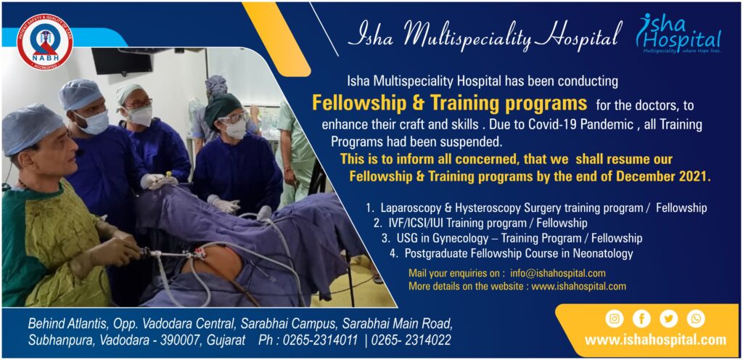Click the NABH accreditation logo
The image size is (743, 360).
coord(44,42)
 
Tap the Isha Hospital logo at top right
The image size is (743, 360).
coord(679,33)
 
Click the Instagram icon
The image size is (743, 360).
coord(614,319)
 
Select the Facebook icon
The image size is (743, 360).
coord(641,319)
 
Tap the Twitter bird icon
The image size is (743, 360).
coord(668,319)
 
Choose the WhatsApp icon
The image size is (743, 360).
coord(695,319)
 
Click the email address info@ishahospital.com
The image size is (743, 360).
coord(557,274)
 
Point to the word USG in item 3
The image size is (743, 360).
coord(403,238)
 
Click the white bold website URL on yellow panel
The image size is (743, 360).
coord(655,340)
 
